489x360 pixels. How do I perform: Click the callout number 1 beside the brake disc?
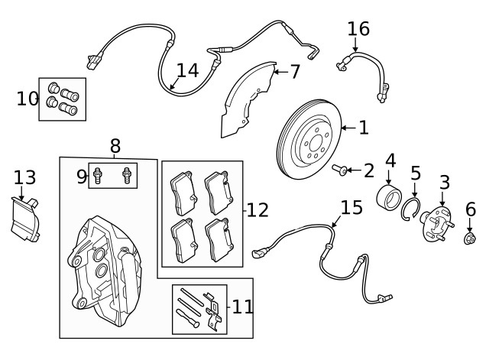363,128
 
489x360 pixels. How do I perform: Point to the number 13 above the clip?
24,178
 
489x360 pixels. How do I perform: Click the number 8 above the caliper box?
115,145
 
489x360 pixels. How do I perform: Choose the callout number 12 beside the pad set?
258,209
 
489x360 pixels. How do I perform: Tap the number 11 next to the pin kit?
242,307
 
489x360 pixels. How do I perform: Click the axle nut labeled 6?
471,241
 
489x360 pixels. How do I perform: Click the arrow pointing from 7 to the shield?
278,73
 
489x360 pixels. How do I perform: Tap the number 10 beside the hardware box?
27,99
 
